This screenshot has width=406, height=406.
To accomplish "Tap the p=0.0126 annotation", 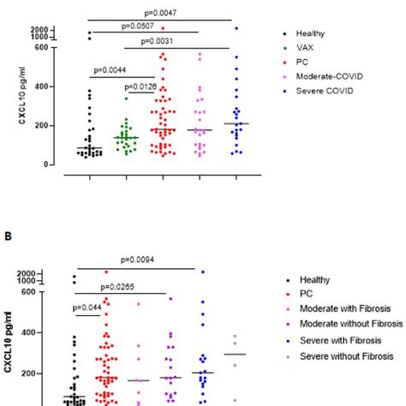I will tap(141, 86).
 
